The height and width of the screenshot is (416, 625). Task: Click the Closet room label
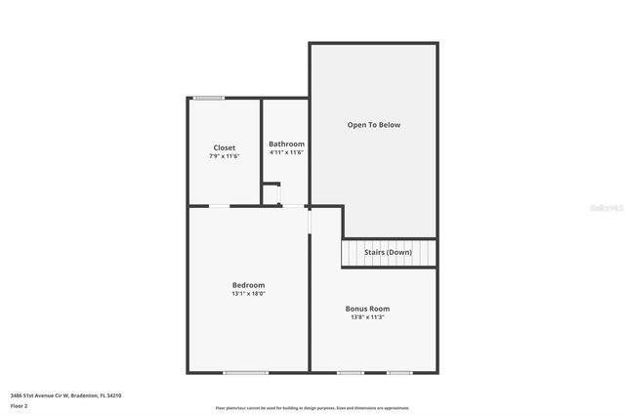pos(224,147)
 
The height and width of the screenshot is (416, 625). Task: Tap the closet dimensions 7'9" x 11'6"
pos(224,156)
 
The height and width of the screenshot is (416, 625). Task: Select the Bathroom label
pos(286,144)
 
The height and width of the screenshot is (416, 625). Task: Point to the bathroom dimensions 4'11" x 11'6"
pos(286,152)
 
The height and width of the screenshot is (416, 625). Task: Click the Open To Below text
pos(374,125)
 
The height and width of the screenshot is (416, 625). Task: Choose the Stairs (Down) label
pos(388,253)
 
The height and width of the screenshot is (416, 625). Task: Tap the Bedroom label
pos(248,284)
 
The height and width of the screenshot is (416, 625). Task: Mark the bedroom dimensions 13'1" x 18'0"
pos(248,293)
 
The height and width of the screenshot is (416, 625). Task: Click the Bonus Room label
pos(367,309)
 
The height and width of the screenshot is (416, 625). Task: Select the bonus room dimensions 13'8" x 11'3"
pos(367,317)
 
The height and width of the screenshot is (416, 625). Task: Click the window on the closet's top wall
pos(208,98)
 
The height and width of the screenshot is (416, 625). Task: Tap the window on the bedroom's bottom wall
pos(245,372)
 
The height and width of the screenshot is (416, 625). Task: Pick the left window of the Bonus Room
pos(350,372)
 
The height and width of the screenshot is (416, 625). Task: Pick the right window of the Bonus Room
pos(398,372)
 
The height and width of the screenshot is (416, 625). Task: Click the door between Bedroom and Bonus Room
pos(310,220)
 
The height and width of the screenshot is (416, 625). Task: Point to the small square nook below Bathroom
pos(271,194)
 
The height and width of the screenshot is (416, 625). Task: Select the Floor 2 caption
pos(20,405)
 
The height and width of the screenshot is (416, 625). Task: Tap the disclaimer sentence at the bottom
pos(312,408)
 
